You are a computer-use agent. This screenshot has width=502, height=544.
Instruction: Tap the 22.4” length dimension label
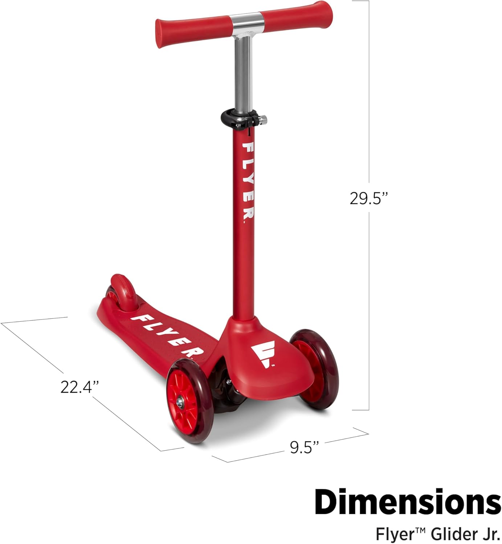(x=79, y=387)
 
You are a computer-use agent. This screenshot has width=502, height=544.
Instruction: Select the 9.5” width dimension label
(x=305, y=447)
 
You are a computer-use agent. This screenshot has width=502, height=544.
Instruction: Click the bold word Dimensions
(x=408, y=502)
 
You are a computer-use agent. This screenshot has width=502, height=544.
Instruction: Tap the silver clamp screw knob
(x=263, y=120)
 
